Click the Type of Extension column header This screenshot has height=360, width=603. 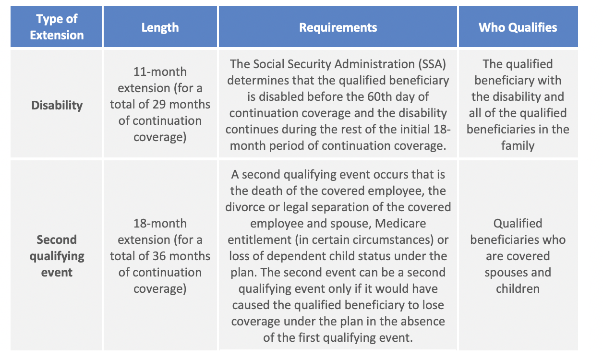(x=57, y=27)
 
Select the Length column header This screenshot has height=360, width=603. (x=160, y=27)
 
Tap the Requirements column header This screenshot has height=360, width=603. (x=338, y=27)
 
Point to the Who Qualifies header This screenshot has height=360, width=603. (x=518, y=27)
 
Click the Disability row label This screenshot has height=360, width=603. (x=57, y=105)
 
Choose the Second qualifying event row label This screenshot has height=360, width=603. (x=57, y=256)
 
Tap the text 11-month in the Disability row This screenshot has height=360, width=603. (x=160, y=72)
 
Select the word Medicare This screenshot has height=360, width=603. (x=400, y=223)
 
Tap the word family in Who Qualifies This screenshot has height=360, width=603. (x=518, y=145)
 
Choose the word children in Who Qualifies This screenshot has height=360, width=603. (x=518, y=288)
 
